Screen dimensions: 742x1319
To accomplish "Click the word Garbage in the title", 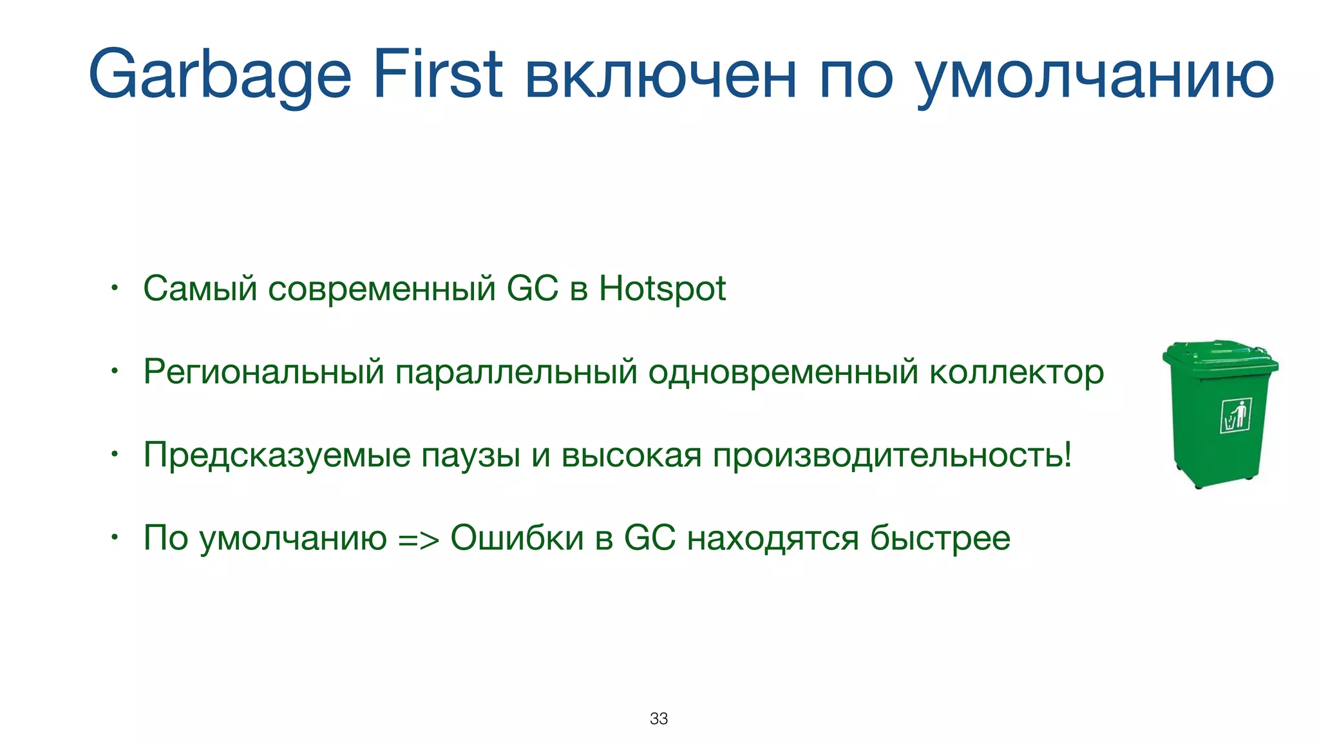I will pyautogui.click(x=220, y=76).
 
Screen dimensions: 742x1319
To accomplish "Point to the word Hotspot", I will pyautogui.click(x=662, y=289).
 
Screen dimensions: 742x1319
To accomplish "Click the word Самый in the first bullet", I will pyautogui.click(x=200, y=289).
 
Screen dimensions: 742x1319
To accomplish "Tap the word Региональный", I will pyautogui.click(x=263, y=372).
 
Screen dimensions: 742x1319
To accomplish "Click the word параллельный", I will pyautogui.click(x=516, y=372).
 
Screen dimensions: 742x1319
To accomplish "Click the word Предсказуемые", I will pyautogui.click(x=277, y=455).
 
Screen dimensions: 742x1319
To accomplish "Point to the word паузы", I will pyautogui.click(x=471, y=456).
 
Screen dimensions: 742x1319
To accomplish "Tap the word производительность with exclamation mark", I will pyautogui.click(x=892, y=455).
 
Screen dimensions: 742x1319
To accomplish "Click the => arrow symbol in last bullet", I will pyautogui.click(x=419, y=539).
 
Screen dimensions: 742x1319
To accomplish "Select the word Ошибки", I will pyautogui.click(x=517, y=538).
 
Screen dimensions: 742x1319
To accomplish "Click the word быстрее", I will pyautogui.click(x=940, y=538).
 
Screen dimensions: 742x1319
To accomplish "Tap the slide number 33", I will pyautogui.click(x=659, y=718).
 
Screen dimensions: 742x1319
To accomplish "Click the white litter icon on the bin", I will pyautogui.click(x=1235, y=415).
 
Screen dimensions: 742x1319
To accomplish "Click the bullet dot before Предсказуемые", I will pyautogui.click(x=114, y=455).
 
